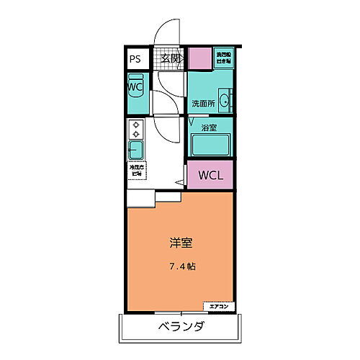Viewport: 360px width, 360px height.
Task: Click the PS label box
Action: [135, 60]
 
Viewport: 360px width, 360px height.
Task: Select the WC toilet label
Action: [135, 87]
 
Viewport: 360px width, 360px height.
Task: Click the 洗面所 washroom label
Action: [204, 104]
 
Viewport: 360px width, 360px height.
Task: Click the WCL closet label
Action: [211, 174]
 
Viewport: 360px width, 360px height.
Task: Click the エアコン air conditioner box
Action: [219, 307]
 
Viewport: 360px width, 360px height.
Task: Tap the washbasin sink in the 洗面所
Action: [225, 102]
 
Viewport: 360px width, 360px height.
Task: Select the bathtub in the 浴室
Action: [210, 144]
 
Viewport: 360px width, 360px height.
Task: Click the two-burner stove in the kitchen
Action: [135, 130]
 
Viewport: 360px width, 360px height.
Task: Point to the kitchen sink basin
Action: [135, 150]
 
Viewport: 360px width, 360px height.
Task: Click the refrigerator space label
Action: [135, 171]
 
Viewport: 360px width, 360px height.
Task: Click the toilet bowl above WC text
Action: [135, 78]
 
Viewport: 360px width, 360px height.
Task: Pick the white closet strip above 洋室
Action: [153, 197]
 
